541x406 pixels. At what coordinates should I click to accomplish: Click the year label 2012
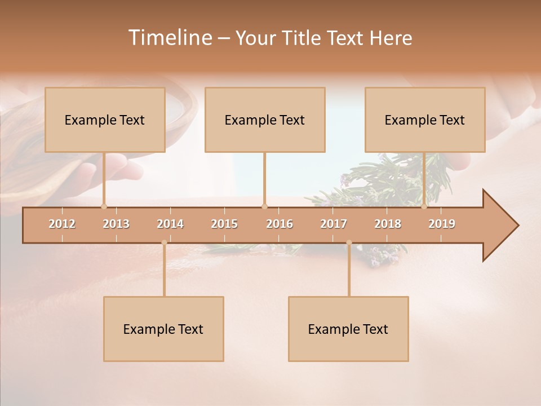pos(62,224)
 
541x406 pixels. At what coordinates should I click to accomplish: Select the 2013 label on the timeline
pos(116,224)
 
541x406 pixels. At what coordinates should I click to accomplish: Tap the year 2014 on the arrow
pos(170,224)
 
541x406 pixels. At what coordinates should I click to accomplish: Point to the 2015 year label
pos(224,224)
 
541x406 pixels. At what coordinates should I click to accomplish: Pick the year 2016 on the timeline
pos(280,224)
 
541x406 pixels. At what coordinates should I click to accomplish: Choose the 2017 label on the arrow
pos(334,224)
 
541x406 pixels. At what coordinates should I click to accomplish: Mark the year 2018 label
pos(388,224)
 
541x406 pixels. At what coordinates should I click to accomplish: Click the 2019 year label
pos(442,224)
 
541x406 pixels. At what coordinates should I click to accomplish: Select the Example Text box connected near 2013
pos(105,120)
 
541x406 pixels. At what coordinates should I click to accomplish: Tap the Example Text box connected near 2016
pos(265,120)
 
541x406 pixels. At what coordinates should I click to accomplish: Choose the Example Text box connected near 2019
pos(425,120)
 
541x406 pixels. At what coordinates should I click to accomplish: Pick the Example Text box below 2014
pos(163,329)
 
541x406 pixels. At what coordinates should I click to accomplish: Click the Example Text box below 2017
pos(348,329)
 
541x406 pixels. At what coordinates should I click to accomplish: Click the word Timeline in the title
pos(169,38)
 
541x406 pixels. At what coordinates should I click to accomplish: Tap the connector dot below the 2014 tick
pos(164,242)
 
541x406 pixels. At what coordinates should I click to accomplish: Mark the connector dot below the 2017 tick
pos(349,242)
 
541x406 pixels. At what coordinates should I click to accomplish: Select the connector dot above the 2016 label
pos(264,206)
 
